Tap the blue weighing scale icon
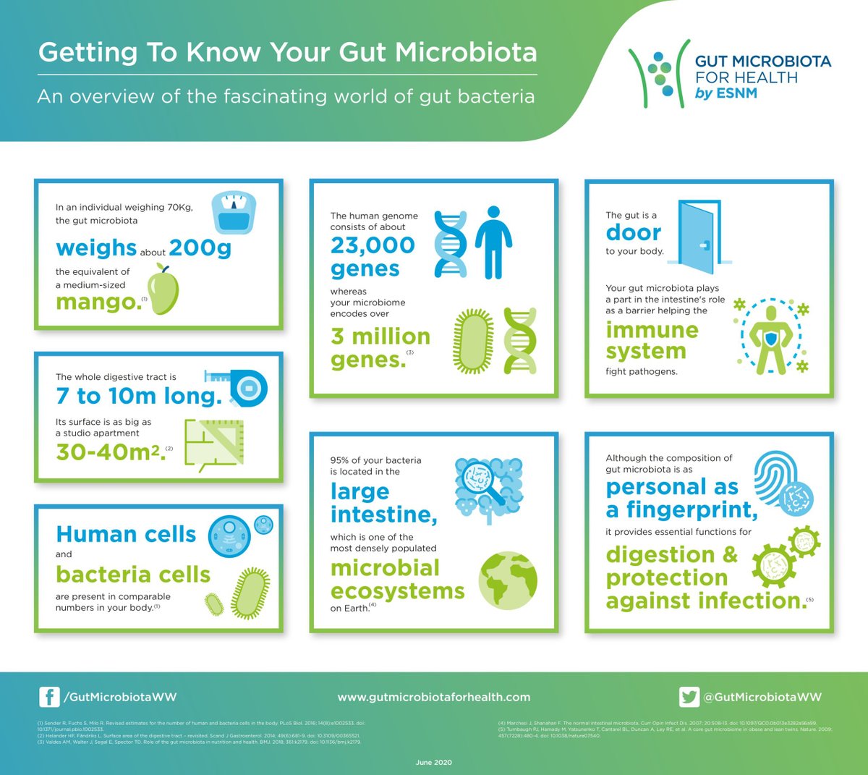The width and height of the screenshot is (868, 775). [x=232, y=213]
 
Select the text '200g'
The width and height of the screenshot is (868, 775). [x=200, y=248]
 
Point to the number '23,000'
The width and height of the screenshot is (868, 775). [x=373, y=245]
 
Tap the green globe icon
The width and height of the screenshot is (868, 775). [x=508, y=580]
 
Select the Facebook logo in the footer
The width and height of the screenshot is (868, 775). [x=49, y=697]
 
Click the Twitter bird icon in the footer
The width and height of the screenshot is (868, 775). [x=689, y=697]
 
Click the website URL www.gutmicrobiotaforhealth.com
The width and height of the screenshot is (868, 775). [x=434, y=698]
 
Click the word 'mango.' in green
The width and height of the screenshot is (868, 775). [x=98, y=302]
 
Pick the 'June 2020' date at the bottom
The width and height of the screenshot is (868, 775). [x=434, y=763]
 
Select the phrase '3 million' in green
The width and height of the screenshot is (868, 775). [x=380, y=336]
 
